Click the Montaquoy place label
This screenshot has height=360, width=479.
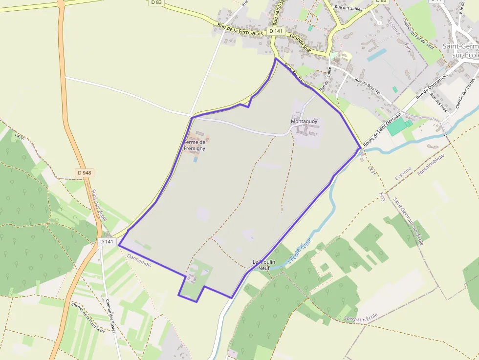coord(304,121)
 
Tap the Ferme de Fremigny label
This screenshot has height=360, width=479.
coord(195,145)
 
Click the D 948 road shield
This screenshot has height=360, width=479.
coord(85,173)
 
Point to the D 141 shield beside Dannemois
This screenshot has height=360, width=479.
coord(106,241)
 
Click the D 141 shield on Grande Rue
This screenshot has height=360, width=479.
coord(276,31)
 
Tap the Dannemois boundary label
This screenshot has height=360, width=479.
coord(139,259)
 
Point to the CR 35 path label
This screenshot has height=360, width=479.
coord(20,137)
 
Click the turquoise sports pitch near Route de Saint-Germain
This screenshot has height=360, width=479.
coord(400,126)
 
